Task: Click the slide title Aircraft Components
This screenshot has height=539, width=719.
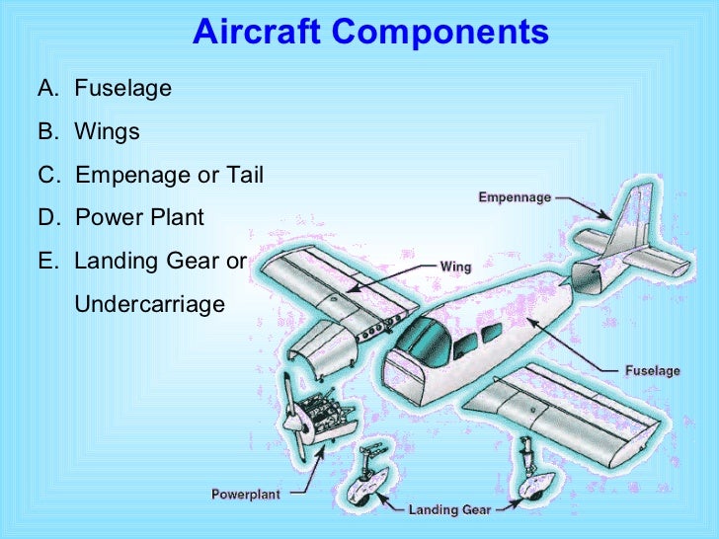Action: pyautogui.click(x=370, y=32)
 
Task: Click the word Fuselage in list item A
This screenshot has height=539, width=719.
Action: pyautogui.click(x=123, y=89)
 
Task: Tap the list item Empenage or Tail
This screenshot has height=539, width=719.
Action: pyautogui.click(x=169, y=176)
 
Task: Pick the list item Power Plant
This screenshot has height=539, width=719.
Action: pyautogui.click(x=139, y=218)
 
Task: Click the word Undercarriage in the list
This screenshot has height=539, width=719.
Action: pyautogui.click(x=150, y=305)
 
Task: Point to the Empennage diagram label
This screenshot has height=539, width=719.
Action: pyautogui.click(x=515, y=197)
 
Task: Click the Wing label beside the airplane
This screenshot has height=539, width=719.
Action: pyautogui.click(x=455, y=267)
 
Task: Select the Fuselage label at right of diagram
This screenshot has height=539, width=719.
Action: pyautogui.click(x=652, y=371)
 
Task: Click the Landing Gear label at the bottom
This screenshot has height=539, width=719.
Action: pyautogui.click(x=448, y=510)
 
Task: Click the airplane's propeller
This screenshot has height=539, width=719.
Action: pyautogui.click(x=295, y=421)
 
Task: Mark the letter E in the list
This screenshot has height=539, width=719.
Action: pyautogui.click(x=45, y=262)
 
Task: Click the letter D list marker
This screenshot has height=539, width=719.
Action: pyautogui.click(x=46, y=218)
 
